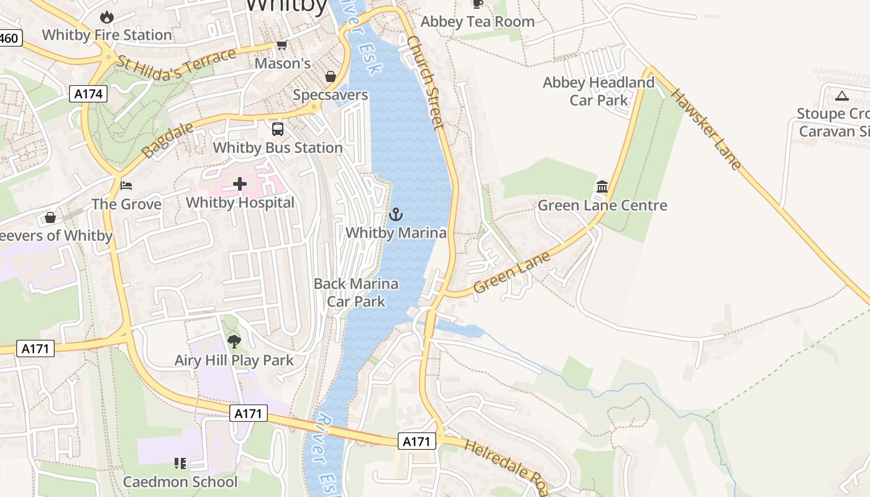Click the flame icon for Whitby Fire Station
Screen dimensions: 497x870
tap(107, 16)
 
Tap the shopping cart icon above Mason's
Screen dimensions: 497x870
tap(282, 45)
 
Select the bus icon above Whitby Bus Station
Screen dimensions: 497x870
tap(278, 129)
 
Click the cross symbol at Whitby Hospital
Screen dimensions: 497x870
tap(240, 184)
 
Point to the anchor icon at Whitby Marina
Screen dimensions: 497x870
tap(396, 215)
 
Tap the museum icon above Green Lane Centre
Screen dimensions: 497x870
tap(602, 187)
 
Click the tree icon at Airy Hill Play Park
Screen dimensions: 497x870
tap(234, 341)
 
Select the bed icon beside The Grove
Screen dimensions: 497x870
tap(126, 186)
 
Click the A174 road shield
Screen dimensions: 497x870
tap(88, 94)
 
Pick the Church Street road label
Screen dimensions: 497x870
tap(426, 82)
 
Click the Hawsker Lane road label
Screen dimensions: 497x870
tap(707, 129)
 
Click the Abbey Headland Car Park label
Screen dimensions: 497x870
tap(598, 91)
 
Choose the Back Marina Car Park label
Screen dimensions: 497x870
tap(356, 293)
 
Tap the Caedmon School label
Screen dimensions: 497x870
tap(180, 481)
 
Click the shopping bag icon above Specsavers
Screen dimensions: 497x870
tap(331, 76)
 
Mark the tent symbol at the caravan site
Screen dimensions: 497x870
tap(842, 96)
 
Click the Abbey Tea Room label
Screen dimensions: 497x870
tap(477, 22)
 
